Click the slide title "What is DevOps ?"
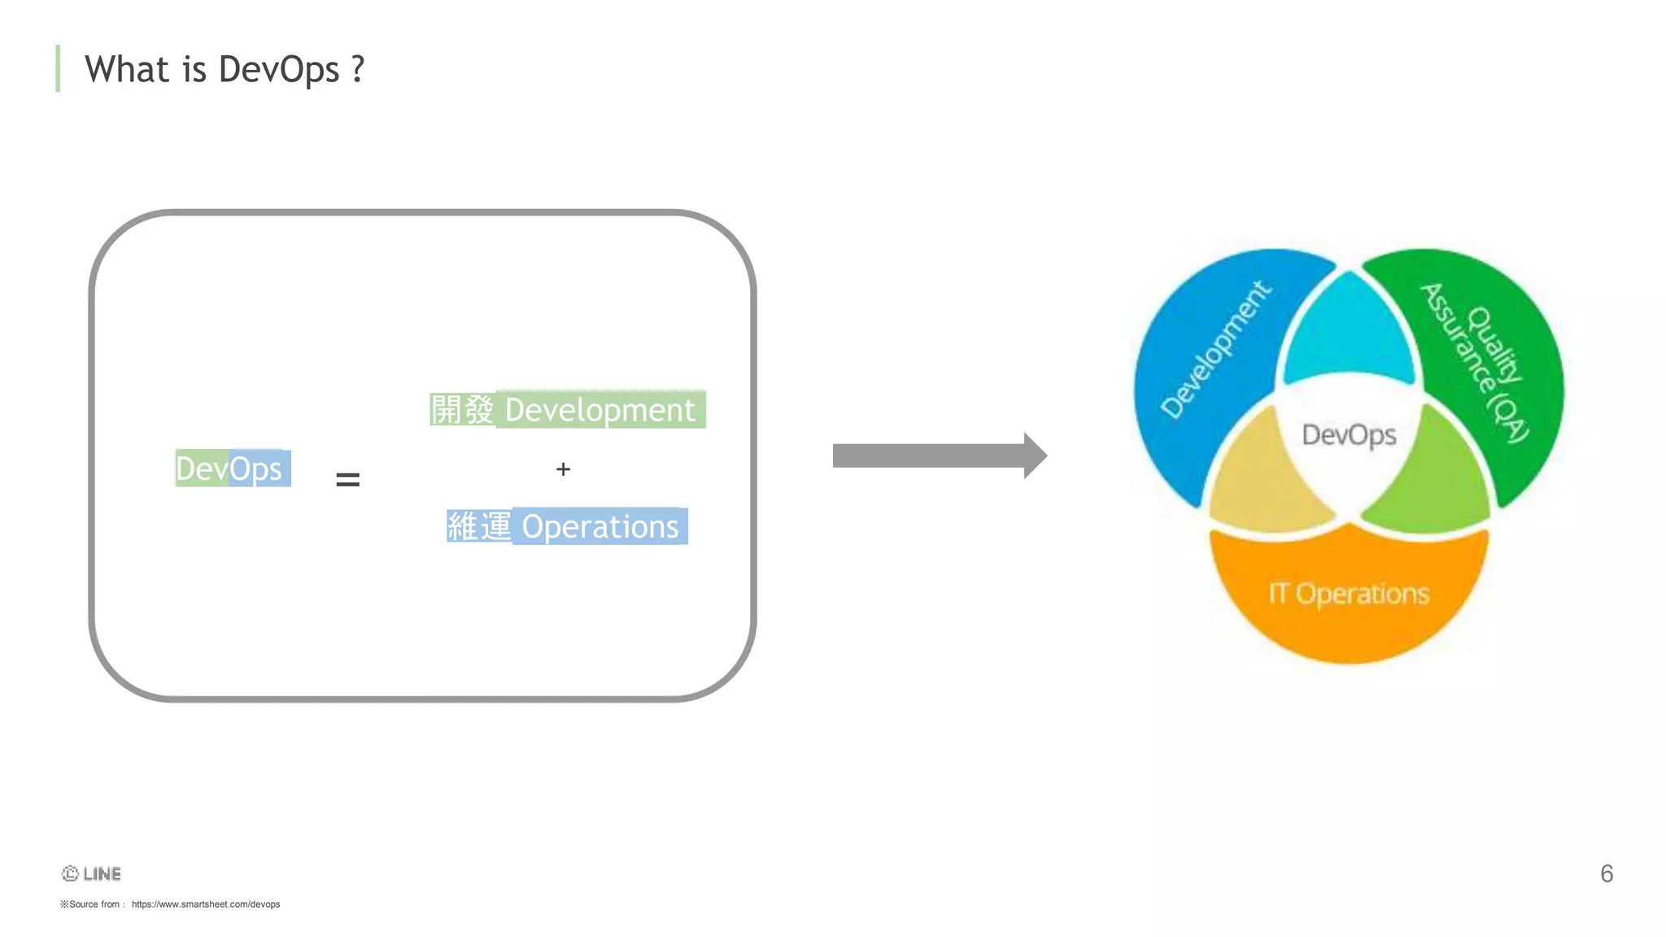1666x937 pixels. point(224,69)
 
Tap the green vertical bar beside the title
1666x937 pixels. point(58,68)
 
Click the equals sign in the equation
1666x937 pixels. point(347,480)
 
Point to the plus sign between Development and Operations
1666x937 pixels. point(563,469)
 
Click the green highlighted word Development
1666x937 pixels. point(600,410)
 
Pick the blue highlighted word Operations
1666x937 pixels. point(600,527)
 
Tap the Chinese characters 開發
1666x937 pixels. point(462,410)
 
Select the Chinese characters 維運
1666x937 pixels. point(479,527)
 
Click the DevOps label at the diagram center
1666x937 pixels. point(1349,435)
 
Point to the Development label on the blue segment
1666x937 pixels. point(1215,350)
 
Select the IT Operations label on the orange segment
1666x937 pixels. point(1349,594)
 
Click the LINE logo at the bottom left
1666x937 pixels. point(92,874)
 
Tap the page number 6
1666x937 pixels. point(1607,874)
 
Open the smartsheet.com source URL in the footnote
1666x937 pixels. point(206,904)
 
